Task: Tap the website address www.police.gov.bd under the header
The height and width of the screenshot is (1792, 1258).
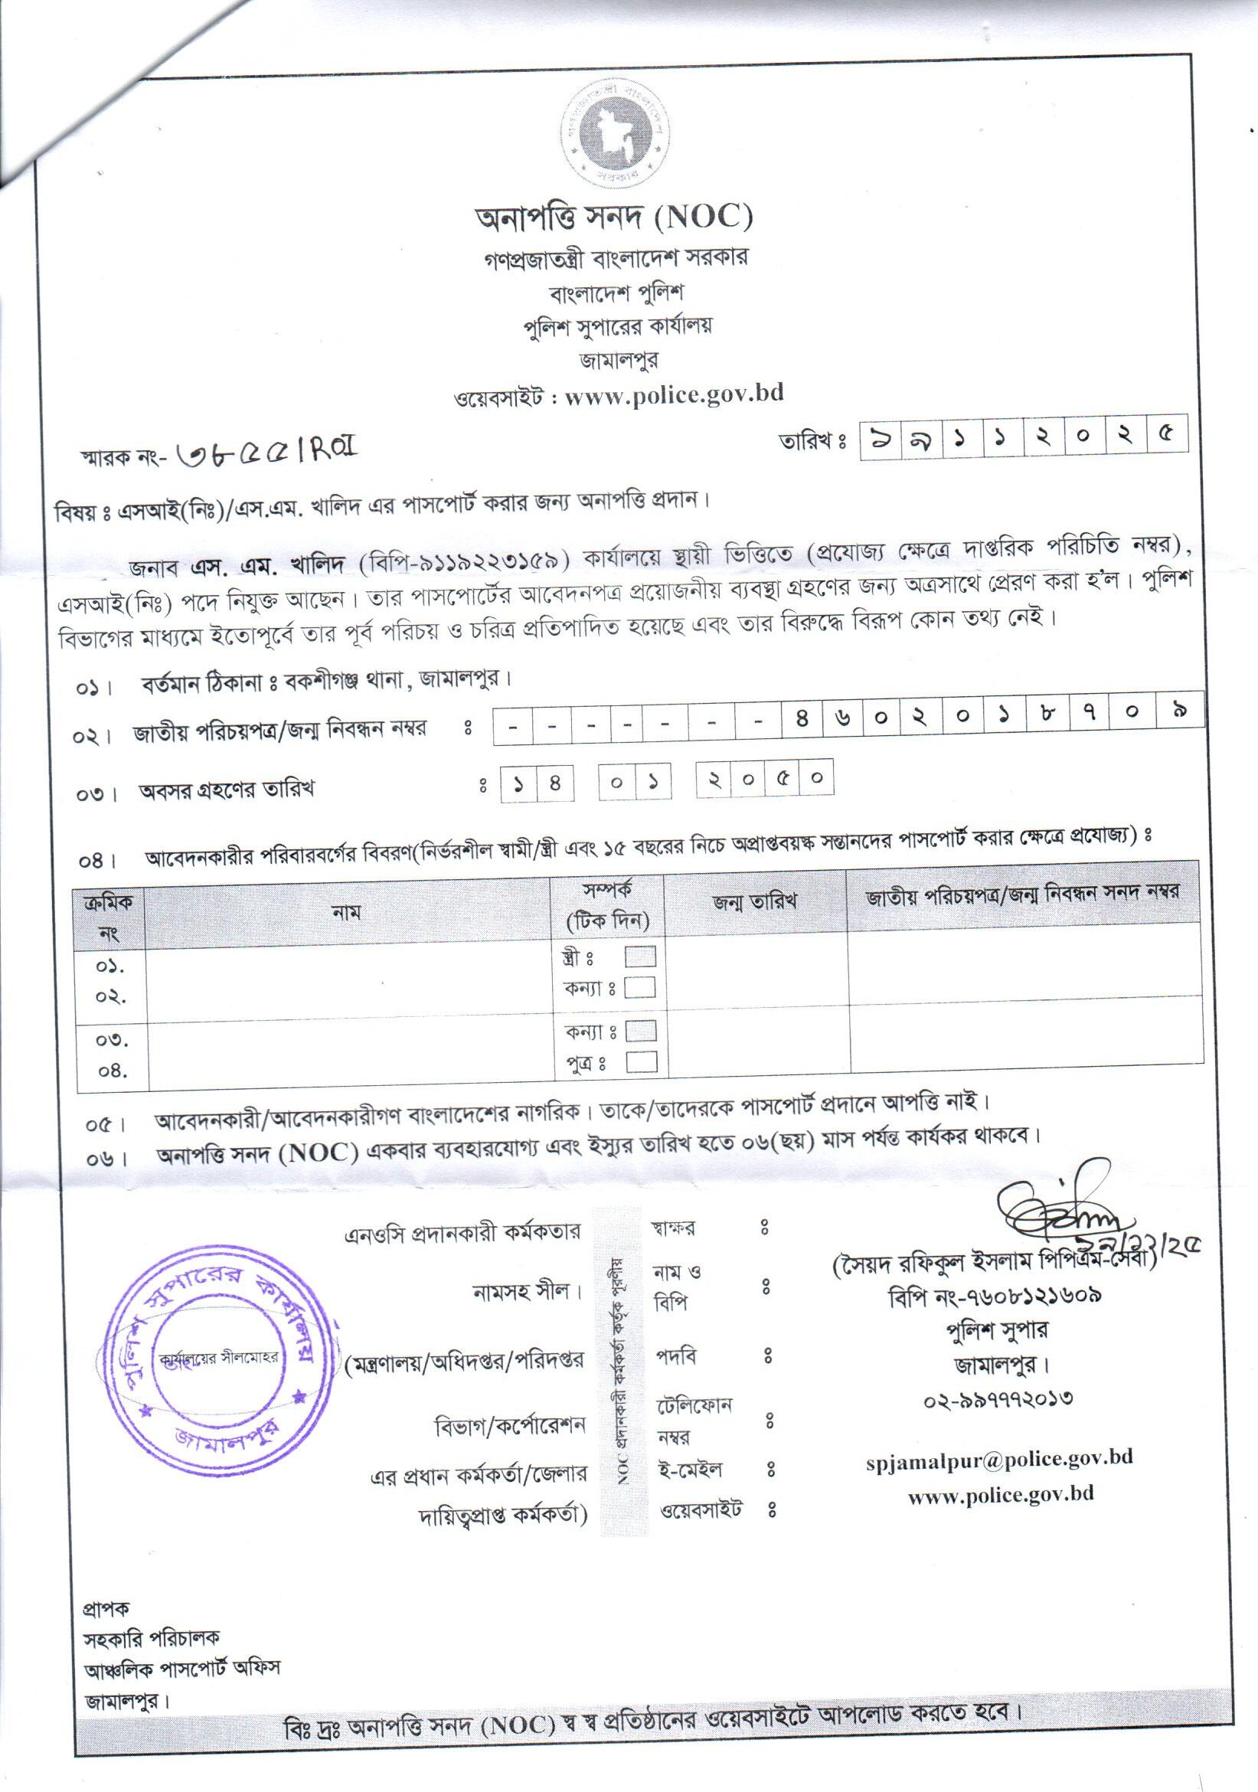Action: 674,394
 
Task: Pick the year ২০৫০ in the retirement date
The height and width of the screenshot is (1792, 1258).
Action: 764,779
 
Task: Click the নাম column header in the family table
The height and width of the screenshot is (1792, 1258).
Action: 347,911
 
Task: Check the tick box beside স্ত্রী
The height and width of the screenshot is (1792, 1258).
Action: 640,956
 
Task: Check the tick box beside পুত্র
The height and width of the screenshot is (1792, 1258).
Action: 642,1061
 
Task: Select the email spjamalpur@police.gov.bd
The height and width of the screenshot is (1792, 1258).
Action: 999,1457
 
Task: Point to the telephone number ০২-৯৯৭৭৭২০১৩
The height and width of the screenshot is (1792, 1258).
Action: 998,1397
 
